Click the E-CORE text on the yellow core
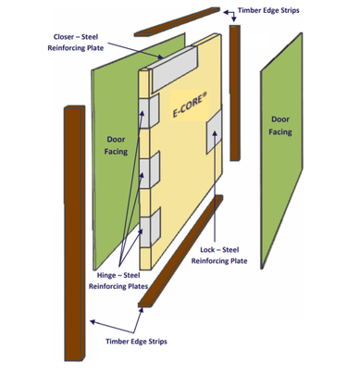(188, 107)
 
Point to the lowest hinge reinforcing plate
(150, 223)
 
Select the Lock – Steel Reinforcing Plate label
(219, 256)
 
